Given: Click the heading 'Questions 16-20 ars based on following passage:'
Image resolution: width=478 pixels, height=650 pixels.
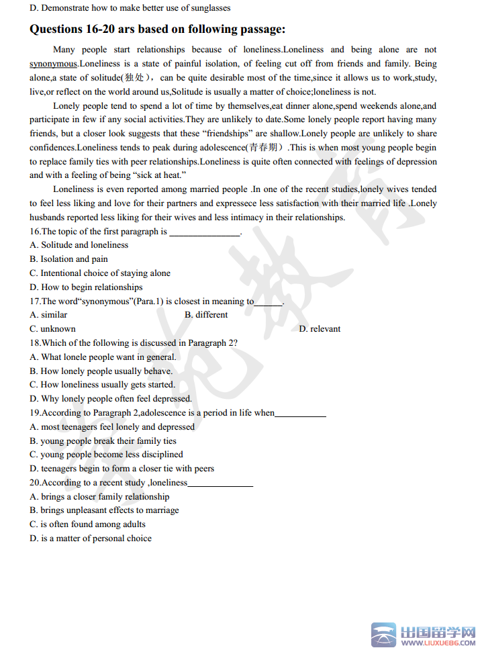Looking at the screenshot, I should pos(158,30).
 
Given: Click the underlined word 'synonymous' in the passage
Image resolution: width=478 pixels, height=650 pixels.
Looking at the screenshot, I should pos(53,64).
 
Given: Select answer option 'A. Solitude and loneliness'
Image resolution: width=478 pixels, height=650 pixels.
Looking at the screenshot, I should pos(79,245).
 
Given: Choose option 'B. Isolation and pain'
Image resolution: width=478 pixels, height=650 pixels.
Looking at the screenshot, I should pos(68,259).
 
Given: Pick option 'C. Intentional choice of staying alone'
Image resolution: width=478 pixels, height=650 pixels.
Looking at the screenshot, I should pos(100,273).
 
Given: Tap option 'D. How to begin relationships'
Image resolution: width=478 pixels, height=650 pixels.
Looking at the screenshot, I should pos(86,287).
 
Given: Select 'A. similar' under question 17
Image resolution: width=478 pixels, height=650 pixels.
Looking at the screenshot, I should pos(48,315).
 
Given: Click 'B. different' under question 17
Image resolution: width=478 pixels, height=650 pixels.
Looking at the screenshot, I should pos(206,315).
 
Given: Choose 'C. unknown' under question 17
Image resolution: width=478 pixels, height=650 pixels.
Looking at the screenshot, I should pos(52,329).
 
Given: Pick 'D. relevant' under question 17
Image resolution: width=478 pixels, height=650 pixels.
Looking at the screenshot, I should pos(320,329).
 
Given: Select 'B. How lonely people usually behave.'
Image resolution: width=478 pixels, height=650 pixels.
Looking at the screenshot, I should pos(101,371).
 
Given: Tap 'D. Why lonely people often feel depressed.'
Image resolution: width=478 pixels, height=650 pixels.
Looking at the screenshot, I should pos(110,399).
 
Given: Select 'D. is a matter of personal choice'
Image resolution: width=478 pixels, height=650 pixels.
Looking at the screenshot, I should pos(91,539).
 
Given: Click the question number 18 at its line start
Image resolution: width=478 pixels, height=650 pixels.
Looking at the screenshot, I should pos(35,343).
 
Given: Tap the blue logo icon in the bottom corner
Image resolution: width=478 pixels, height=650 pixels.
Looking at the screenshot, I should pos(385,635).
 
